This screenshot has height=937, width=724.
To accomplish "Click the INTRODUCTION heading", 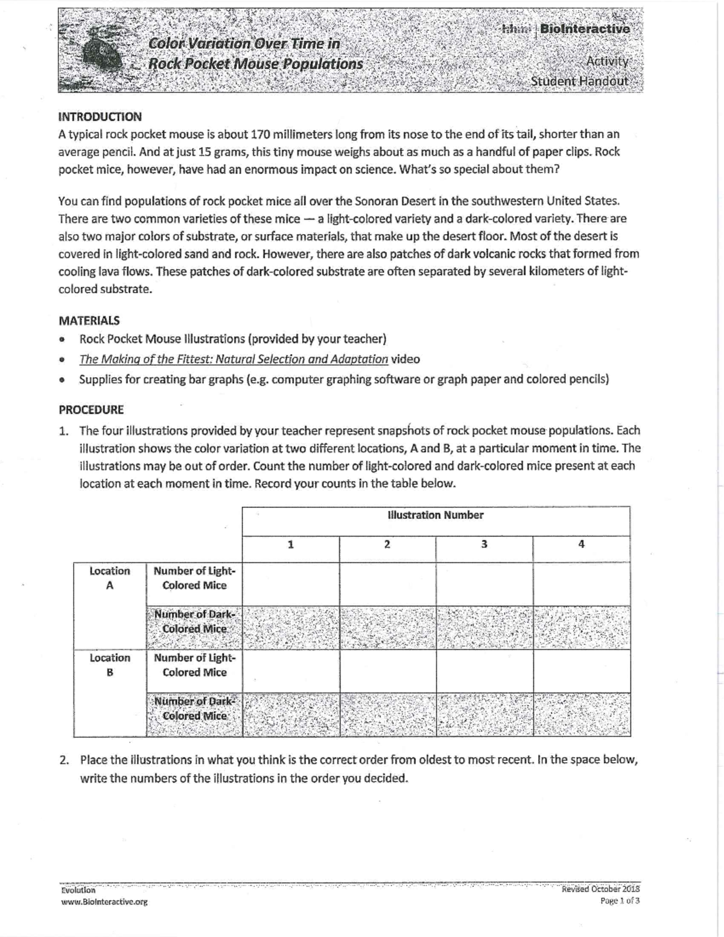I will pyautogui.click(x=100, y=116).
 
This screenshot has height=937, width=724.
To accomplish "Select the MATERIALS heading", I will pyautogui.click(x=89, y=320).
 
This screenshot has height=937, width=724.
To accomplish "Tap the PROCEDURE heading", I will pyautogui.click(x=91, y=410).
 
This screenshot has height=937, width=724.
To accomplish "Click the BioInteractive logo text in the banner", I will pyautogui.click(x=584, y=28).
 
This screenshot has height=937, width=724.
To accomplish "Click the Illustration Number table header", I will pyautogui.click(x=435, y=515).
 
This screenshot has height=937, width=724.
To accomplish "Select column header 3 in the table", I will pyautogui.click(x=484, y=544).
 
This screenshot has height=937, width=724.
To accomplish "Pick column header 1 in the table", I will pyautogui.click(x=291, y=544).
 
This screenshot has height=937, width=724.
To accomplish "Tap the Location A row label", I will pyautogui.click(x=110, y=578).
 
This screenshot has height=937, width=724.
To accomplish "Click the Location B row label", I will pyautogui.click(x=110, y=665).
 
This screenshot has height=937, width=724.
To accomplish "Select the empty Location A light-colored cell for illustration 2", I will pyautogui.click(x=387, y=583).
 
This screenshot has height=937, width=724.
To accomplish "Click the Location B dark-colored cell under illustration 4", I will pyautogui.click(x=581, y=714).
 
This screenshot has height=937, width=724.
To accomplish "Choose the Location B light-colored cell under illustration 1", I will pyautogui.click(x=291, y=670).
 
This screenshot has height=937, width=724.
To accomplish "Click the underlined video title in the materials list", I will pyautogui.click(x=233, y=359).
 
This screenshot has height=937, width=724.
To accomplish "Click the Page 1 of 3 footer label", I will pyautogui.click(x=620, y=901).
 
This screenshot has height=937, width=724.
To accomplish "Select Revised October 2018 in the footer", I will pyautogui.click(x=600, y=889).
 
